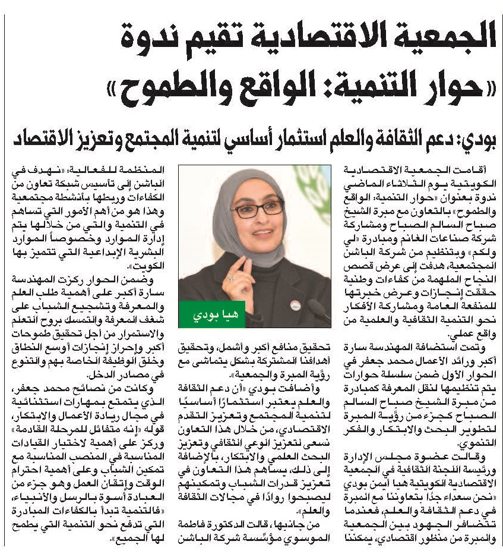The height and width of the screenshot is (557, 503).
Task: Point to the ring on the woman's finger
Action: [x=231, y=277]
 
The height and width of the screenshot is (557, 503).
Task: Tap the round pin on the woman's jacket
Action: [x=295, y=305]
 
